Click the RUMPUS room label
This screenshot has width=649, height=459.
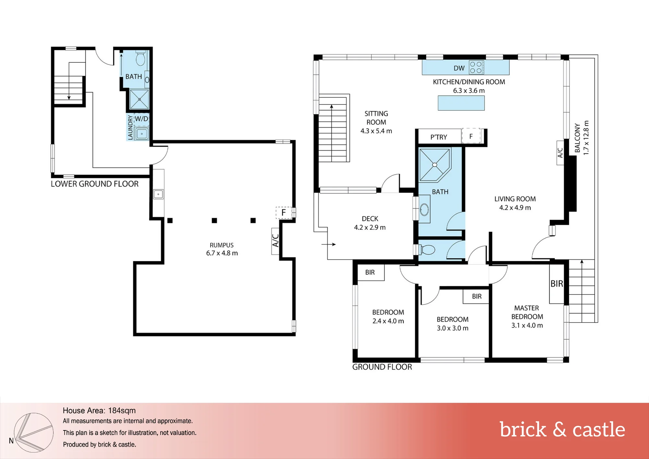pos(222,245)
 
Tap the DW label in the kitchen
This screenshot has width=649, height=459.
pos(459,68)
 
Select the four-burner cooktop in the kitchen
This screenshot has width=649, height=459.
pos(476,68)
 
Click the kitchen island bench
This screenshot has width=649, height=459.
pos(461,103)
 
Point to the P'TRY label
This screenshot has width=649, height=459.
pos(439,137)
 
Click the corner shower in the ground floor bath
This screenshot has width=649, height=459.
pos(435,165)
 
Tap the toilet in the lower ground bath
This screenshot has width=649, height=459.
pos(141,58)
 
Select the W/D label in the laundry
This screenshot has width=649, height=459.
pos(141,119)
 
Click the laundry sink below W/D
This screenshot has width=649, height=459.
pos(142,134)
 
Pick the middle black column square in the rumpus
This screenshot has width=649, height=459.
pos(214,220)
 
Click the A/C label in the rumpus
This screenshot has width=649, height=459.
pos(275,241)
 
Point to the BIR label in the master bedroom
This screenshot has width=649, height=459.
pos(557,284)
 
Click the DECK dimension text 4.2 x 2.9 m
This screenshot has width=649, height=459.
pos(370,228)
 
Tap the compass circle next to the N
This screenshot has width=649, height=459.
pos(34,433)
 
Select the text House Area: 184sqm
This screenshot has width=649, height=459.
pos(99,411)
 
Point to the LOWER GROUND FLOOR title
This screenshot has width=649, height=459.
pos(95,184)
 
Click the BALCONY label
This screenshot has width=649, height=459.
pos(577,138)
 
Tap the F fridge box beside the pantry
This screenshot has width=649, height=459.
pos(471,136)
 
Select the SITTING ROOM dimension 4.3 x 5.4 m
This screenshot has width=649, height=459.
pos(376,131)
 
